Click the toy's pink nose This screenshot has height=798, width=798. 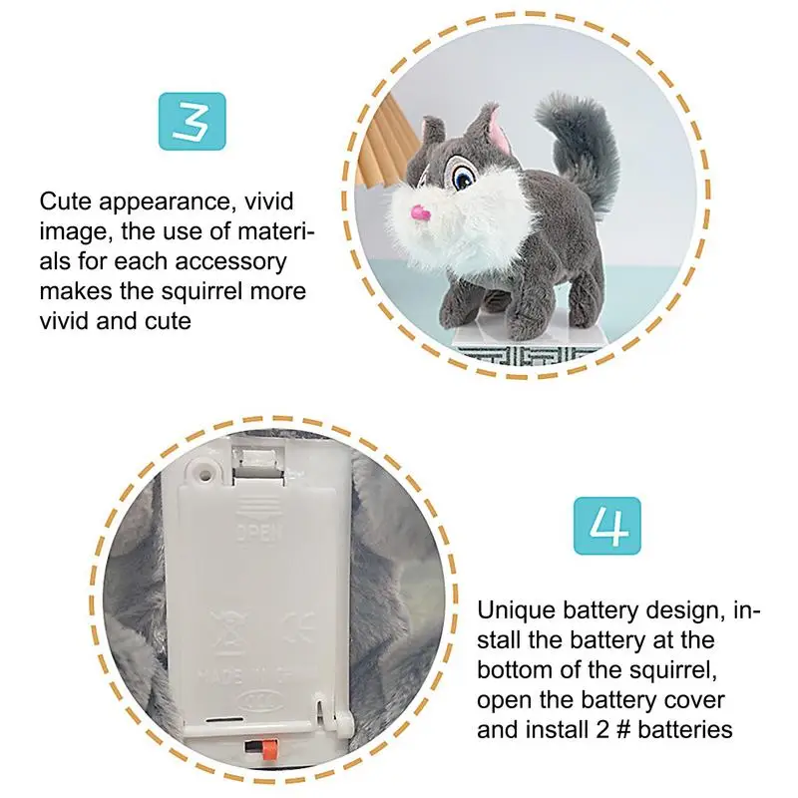[x=422, y=212]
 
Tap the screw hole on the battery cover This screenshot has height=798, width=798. [x=203, y=468]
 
